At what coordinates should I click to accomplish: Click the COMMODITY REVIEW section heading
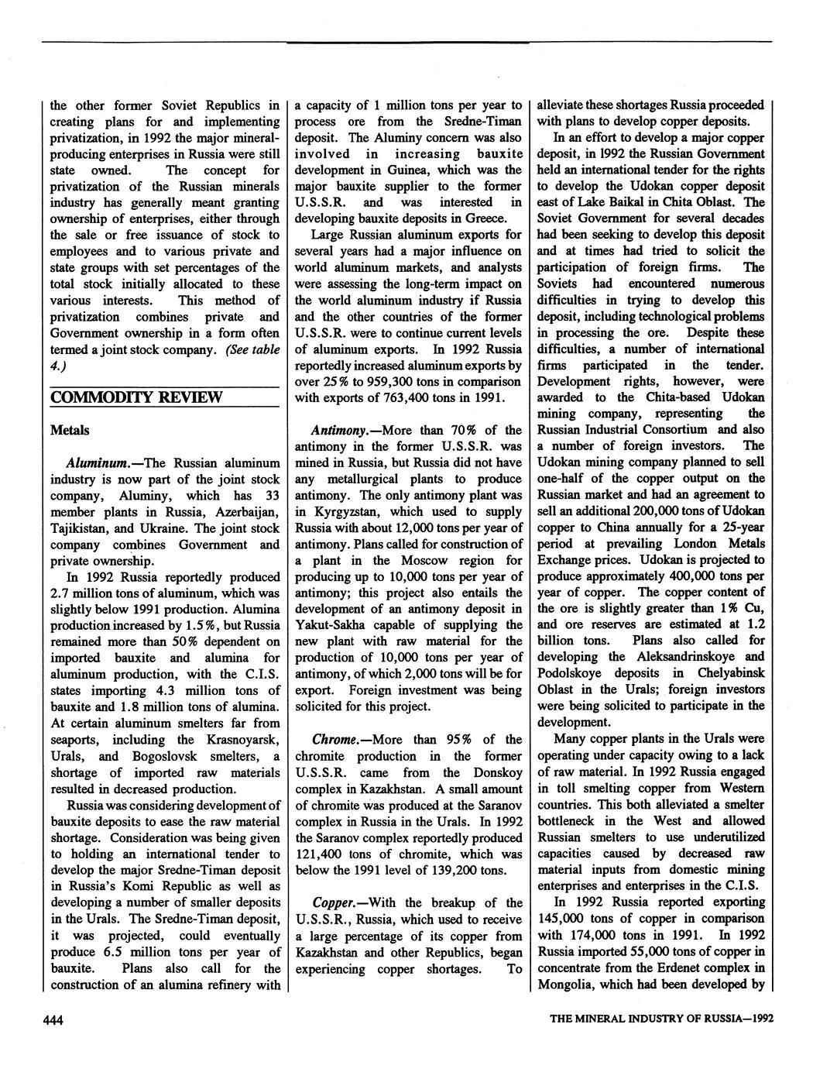136,397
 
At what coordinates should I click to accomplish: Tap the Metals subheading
70,430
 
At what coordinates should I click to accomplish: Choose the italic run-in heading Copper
334,902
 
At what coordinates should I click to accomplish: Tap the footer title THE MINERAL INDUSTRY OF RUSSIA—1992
660,1020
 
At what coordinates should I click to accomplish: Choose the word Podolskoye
574,672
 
